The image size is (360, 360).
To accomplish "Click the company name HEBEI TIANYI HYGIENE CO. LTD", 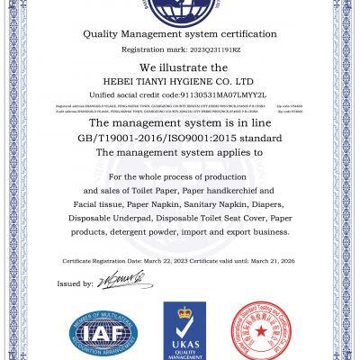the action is [x=180, y=80].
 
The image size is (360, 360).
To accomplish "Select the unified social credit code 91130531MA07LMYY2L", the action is [x=207, y=94].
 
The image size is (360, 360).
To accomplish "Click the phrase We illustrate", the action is [x=180, y=67].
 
